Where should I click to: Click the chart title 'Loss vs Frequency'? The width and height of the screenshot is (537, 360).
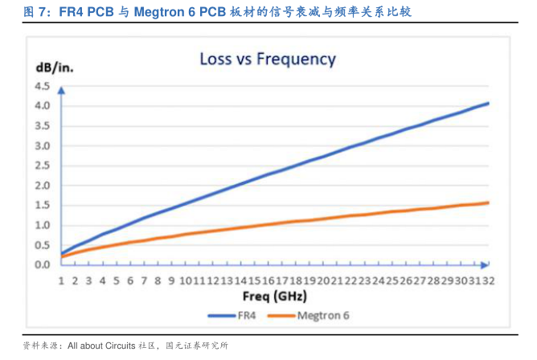click(x=268, y=59)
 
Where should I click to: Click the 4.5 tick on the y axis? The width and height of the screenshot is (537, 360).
click(x=43, y=86)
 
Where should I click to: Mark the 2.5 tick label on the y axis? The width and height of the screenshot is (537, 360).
click(x=43, y=166)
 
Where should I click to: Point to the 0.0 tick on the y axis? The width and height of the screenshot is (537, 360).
click(x=43, y=264)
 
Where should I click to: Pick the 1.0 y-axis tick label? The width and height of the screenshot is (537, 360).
click(x=43, y=225)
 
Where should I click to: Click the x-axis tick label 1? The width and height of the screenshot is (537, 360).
click(x=61, y=280)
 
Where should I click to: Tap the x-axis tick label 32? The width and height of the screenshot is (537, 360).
click(x=487, y=280)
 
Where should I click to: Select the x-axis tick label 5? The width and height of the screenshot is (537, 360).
click(x=117, y=280)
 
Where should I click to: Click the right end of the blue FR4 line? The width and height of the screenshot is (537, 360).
click(x=488, y=103)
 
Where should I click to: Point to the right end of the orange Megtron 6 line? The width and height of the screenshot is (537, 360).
click(x=488, y=202)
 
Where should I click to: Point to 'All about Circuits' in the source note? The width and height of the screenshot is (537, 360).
click(x=100, y=346)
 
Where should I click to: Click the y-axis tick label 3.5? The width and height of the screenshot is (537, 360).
click(x=43, y=126)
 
